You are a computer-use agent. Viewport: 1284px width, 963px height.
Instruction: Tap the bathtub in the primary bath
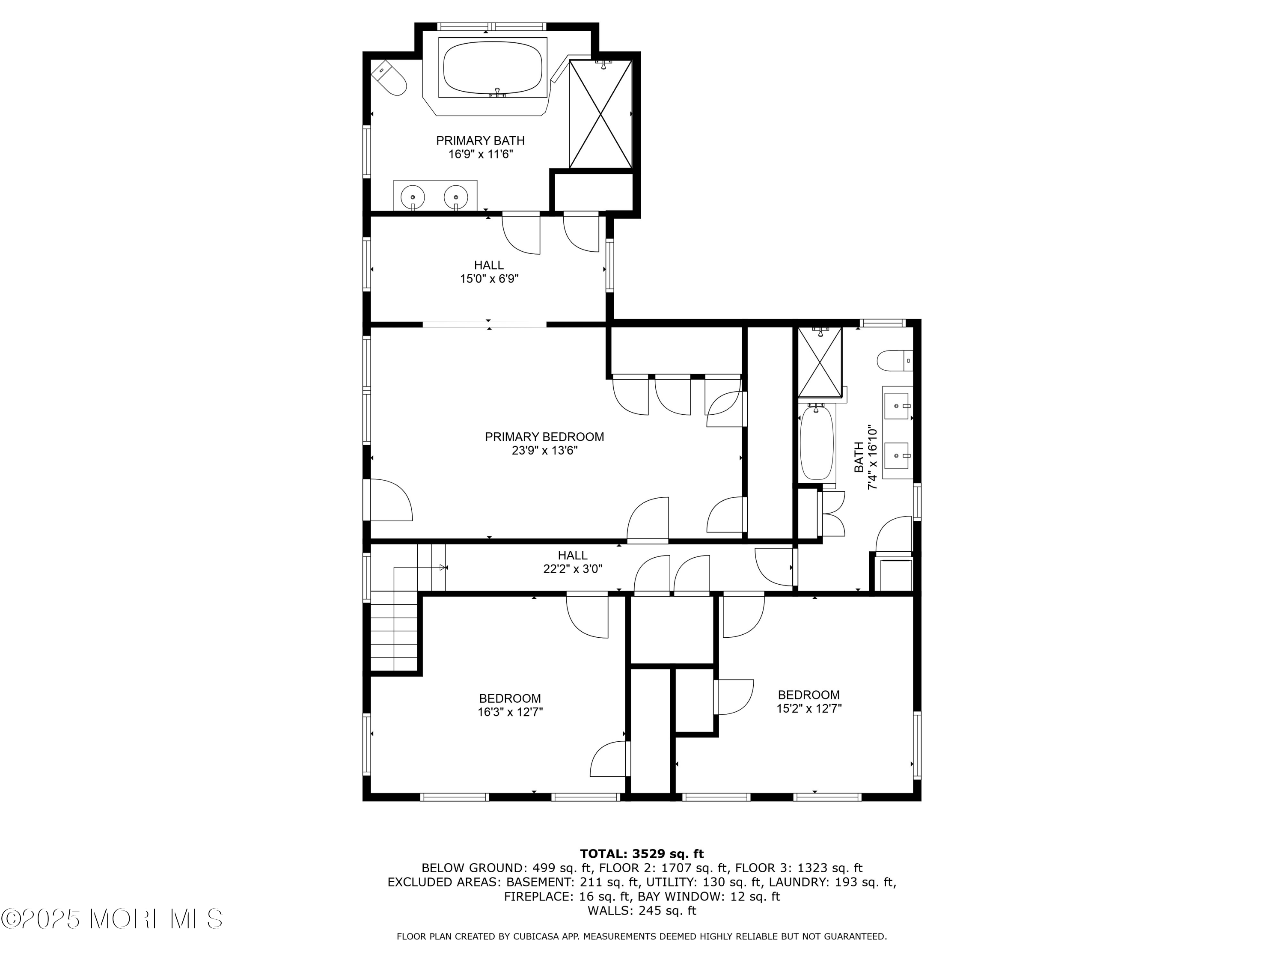(493, 67)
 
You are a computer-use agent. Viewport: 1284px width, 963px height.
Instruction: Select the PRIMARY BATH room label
(480, 140)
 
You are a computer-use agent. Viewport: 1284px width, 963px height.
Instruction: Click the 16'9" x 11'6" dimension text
(481, 155)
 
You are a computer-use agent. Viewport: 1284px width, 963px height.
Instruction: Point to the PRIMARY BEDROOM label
(544, 437)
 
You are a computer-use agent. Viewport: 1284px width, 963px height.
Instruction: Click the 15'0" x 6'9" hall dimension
(489, 279)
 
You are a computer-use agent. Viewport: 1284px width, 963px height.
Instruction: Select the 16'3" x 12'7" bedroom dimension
(510, 712)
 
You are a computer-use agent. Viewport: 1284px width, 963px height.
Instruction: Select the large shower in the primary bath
(600, 114)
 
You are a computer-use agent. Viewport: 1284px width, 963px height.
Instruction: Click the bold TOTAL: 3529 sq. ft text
(642, 854)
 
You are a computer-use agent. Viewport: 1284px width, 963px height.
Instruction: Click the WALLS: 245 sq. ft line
(642, 911)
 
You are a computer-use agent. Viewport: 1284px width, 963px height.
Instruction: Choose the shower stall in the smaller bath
(820, 362)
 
